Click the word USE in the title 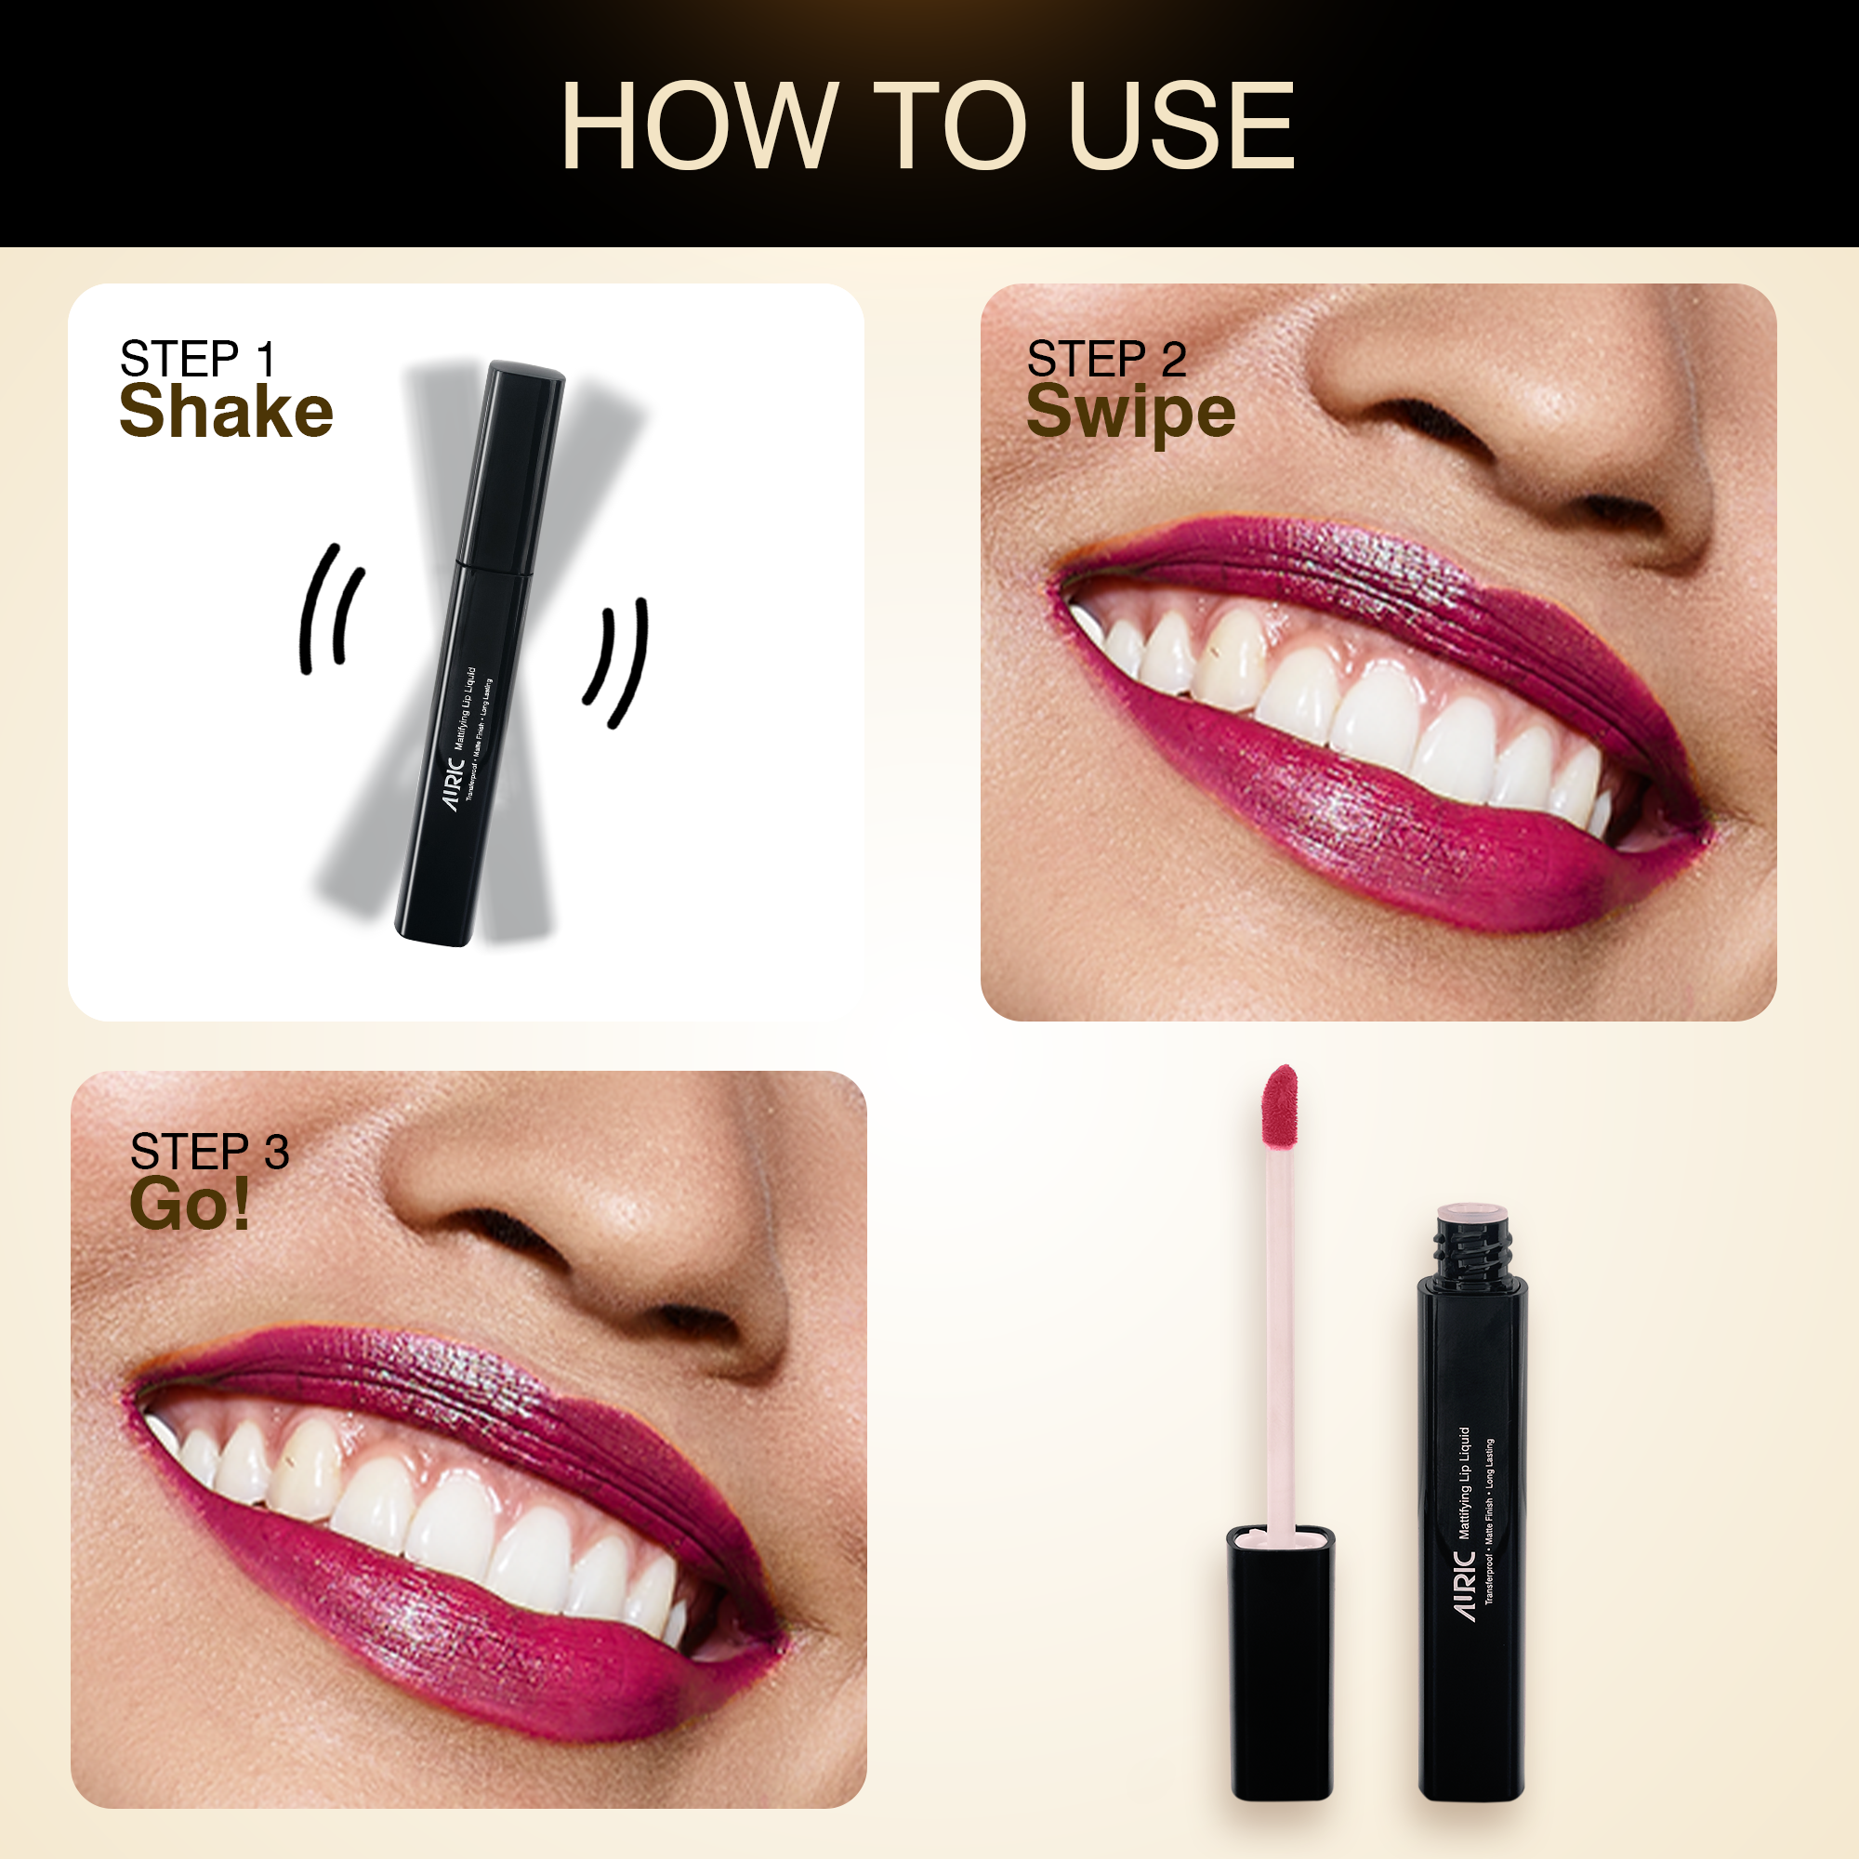(x=1181, y=126)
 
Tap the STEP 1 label (x=198, y=359)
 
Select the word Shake (x=226, y=411)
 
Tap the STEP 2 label (x=1106, y=359)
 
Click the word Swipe (x=1130, y=414)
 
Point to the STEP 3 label (x=210, y=1152)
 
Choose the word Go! (x=191, y=1204)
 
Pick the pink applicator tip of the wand (x=1280, y=1108)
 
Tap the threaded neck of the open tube (x=1473, y=1246)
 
